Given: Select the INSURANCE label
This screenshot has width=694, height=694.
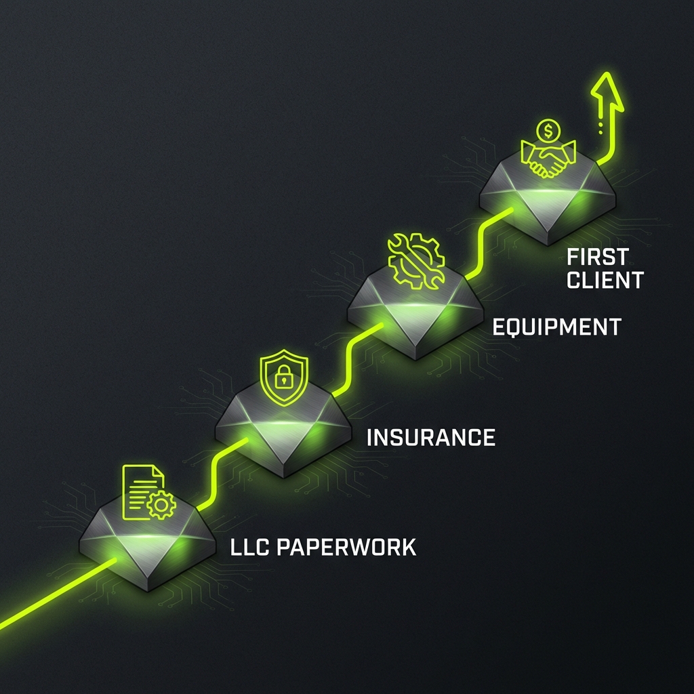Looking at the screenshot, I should coord(430,437).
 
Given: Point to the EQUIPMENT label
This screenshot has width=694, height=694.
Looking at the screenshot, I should coord(556,327).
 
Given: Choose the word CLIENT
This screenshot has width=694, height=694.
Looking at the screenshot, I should coord(605,279).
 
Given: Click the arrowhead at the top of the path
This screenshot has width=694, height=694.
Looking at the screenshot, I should coord(608,91).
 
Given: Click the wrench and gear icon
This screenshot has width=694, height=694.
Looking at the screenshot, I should coord(415,260).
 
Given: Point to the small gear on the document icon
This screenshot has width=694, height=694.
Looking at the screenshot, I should coord(161,505).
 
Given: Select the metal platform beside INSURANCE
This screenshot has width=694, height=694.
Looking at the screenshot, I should coord(283,434).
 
